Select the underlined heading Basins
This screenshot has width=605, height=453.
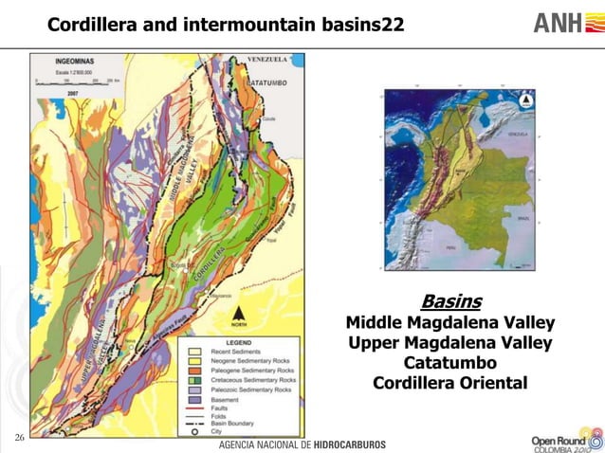point(450,302)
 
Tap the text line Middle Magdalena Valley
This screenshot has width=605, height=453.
point(450,323)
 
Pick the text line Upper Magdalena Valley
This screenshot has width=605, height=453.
point(450,343)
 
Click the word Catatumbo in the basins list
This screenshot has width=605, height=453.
point(450,363)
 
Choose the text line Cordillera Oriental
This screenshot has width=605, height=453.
point(450,384)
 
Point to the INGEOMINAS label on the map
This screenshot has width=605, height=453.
point(65,63)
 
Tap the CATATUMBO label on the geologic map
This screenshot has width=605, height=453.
point(274,83)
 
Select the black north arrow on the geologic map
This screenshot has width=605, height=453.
point(240,316)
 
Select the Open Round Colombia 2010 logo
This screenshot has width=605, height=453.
point(565,442)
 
